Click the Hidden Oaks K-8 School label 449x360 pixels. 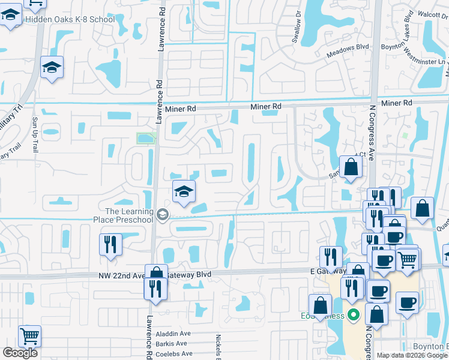[69, 20]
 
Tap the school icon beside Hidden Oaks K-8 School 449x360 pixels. [11, 17]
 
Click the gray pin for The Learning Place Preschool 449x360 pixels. [163, 215]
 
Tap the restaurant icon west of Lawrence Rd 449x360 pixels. [110, 245]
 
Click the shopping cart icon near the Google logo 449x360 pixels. [29, 336]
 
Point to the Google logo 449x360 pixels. [20, 353]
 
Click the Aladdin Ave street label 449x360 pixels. [173, 334]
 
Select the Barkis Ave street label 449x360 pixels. [173, 344]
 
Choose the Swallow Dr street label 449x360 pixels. [298, 25]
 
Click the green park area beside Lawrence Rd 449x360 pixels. [146, 139]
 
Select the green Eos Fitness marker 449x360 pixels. [354, 314]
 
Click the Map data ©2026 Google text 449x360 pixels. [412, 355]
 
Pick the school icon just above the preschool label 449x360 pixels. [184, 192]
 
